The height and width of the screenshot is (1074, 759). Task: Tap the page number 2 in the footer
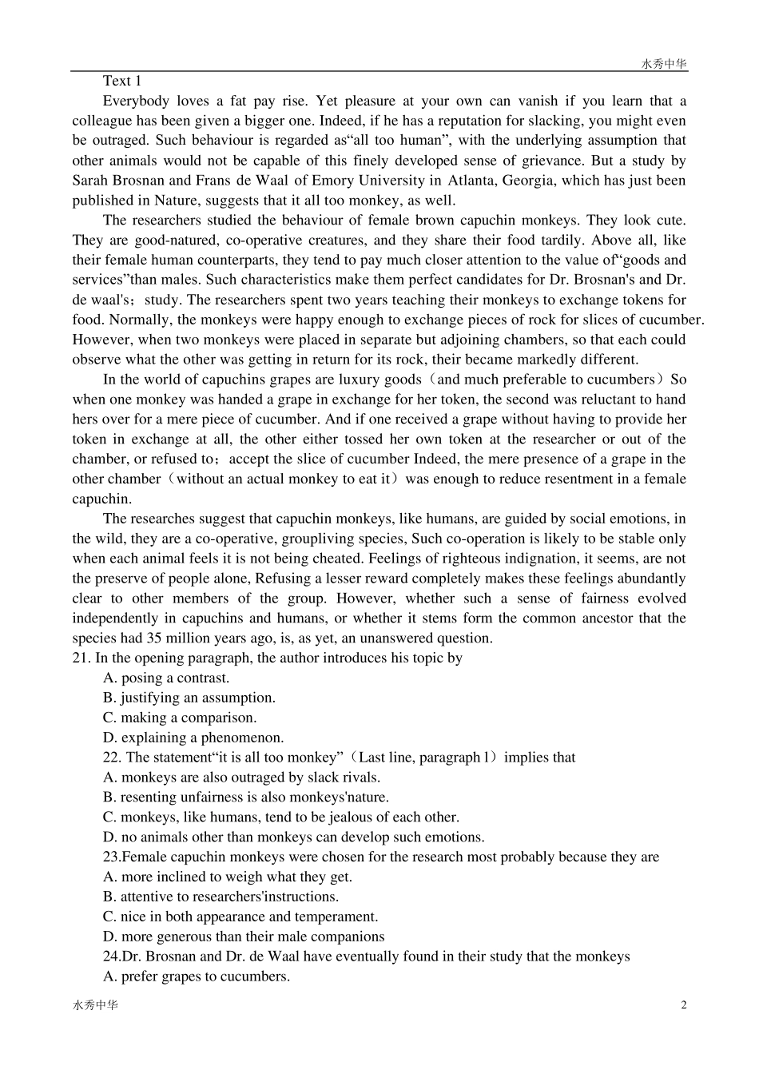pyautogui.click(x=683, y=1004)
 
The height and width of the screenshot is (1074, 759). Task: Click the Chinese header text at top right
pyautogui.click(x=664, y=65)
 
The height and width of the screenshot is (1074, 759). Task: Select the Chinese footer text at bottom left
pyautogui.click(x=95, y=1005)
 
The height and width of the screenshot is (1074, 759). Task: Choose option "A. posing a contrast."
pyautogui.click(x=166, y=678)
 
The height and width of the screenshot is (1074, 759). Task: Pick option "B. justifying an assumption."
pyautogui.click(x=189, y=698)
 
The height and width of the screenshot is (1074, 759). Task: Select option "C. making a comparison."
pyautogui.click(x=180, y=718)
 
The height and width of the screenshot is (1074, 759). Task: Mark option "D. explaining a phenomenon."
pyautogui.click(x=193, y=738)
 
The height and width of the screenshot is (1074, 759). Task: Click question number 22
pyautogui.click(x=112, y=758)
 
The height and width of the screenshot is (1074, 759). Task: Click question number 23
pyautogui.click(x=112, y=857)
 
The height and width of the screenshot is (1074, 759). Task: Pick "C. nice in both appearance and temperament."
pyautogui.click(x=240, y=917)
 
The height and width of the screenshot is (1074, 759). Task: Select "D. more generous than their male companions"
pyautogui.click(x=244, y=937)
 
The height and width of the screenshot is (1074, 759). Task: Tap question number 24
pyautogui.click(x=112, y=957)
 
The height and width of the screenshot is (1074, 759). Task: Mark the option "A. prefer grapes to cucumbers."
pyautogui.click(x=197, y=977)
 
